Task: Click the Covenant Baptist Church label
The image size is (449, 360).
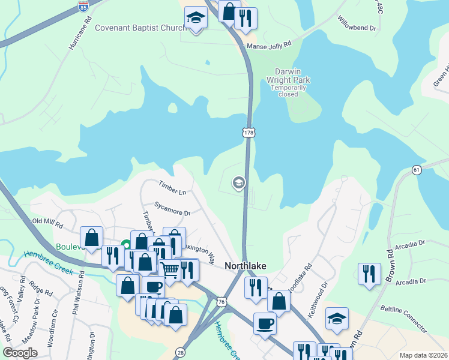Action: pos(140,27)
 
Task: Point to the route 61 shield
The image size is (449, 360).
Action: pos(417,170)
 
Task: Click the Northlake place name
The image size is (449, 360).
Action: pos(245,266)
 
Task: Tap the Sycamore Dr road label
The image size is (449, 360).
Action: pos(171,209)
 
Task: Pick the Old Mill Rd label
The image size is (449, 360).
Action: pos(47,223)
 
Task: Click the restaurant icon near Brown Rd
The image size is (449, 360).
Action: pos(369,273)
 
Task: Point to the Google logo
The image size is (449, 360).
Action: pos(20,353)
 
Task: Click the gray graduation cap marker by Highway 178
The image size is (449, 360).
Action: pos(238,182)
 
